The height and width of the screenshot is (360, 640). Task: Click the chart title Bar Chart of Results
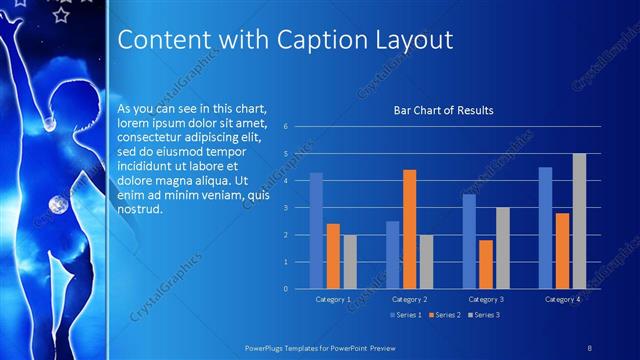(443, 110)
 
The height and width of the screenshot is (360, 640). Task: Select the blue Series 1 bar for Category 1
(316, 230)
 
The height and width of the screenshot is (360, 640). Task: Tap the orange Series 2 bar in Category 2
(409, 229)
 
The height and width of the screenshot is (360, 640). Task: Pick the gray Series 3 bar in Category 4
(579, 221)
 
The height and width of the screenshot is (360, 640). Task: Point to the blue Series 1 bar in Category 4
(545, 228)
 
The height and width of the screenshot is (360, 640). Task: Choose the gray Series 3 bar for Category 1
(349, 262)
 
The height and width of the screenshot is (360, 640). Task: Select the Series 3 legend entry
(485, 315)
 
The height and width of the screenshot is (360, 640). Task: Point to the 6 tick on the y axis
(286, 127)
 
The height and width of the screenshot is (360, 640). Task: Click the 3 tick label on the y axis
(286, 208)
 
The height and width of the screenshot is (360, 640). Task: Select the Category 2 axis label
(409, 299)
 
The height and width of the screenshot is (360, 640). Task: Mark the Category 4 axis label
(562, 299)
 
